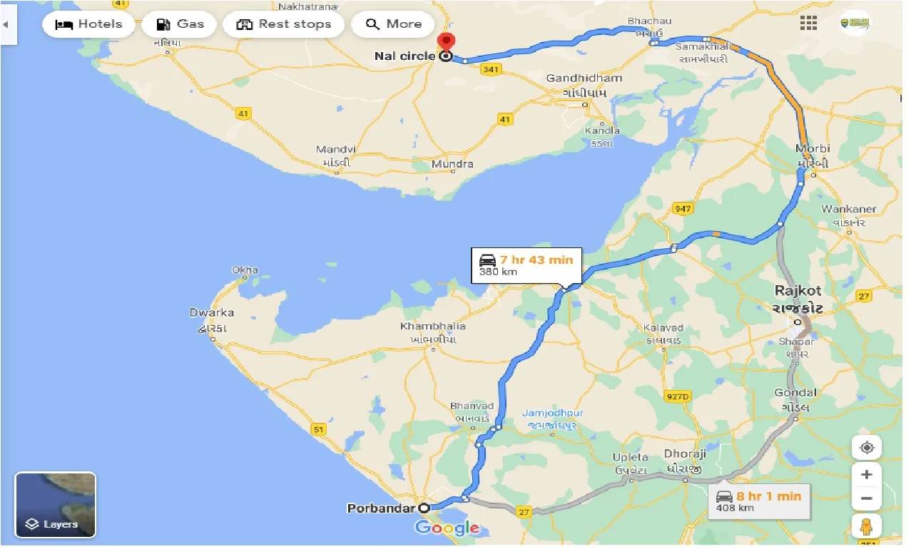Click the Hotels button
[88, 24]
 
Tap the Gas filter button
[180, 24]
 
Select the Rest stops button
[283, 24]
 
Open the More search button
[393, 24]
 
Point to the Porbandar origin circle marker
[424, 508]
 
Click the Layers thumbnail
[55, 505]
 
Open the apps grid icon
[808, 24]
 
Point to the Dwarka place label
[211, 313]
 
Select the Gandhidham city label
[584, 78]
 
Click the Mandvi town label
[335, 150]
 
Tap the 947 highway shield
[683, 208]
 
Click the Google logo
[447, 528]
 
